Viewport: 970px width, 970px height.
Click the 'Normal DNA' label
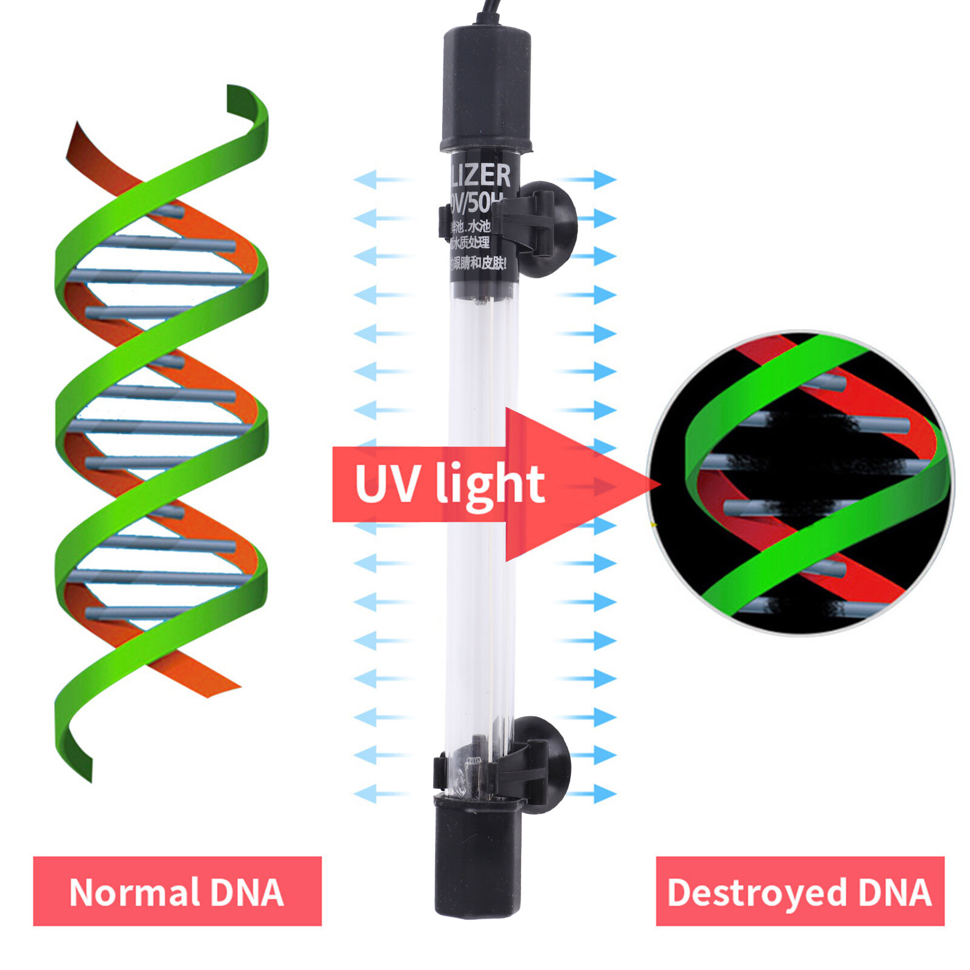177,891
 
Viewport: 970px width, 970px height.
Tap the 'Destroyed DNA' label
800,891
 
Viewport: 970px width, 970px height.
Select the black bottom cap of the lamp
477,854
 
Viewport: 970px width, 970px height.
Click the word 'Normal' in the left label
135,891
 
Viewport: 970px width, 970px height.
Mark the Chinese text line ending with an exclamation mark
479,264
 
